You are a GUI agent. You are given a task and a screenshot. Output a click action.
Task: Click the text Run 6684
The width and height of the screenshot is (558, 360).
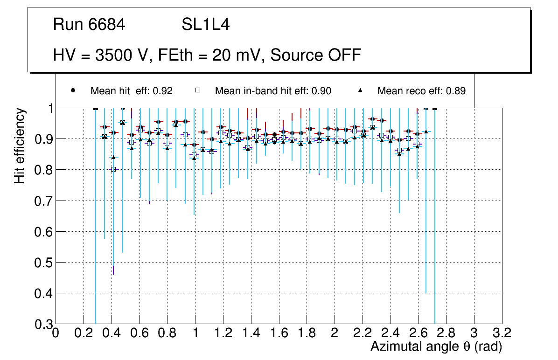(89, 25)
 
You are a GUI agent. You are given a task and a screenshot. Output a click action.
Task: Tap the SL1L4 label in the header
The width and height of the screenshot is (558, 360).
(205, 25)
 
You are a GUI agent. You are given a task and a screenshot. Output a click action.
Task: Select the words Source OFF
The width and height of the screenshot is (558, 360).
(316, 55)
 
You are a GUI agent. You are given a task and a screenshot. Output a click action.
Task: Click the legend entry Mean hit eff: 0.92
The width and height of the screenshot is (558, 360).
(131, 91)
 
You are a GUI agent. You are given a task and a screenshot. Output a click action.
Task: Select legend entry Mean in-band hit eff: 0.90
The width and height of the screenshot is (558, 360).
(273, 91)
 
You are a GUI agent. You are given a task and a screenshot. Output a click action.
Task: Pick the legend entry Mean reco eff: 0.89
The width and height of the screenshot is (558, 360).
(421, 91)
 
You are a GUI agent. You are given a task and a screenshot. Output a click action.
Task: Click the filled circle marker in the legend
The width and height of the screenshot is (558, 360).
(73, 90)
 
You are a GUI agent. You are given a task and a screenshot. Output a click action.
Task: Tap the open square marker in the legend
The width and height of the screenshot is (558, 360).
(197, 90)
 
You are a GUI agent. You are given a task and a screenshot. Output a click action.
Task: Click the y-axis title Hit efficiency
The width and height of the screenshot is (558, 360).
(20, 145)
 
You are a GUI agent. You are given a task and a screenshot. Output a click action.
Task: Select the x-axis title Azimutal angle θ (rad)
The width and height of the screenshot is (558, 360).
(436, 346)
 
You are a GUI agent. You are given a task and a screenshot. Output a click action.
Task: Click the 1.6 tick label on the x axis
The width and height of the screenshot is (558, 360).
(279, 333)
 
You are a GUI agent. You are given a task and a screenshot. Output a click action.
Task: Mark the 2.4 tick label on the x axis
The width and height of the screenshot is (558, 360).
(390, 333)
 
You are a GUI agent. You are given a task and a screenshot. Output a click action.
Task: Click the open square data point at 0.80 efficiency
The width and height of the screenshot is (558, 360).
(113, 169)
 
